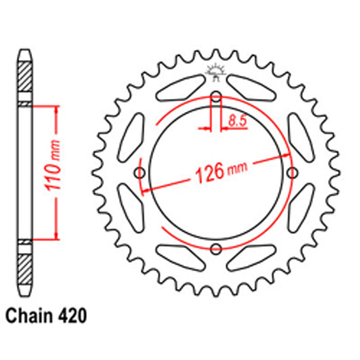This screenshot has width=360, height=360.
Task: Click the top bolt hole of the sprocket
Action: (216, 96)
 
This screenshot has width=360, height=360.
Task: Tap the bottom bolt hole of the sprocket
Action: (216, 248)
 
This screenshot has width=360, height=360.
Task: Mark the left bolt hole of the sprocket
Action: (140, 173)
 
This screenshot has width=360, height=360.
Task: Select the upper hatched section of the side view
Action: (25, 77)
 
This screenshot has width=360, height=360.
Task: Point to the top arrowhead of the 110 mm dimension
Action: (56, 109)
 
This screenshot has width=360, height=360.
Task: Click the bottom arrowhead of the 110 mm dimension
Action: (56, 236)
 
